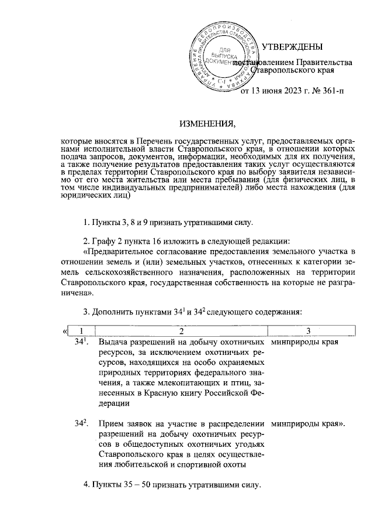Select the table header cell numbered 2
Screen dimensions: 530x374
181,332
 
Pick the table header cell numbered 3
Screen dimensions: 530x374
308,332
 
